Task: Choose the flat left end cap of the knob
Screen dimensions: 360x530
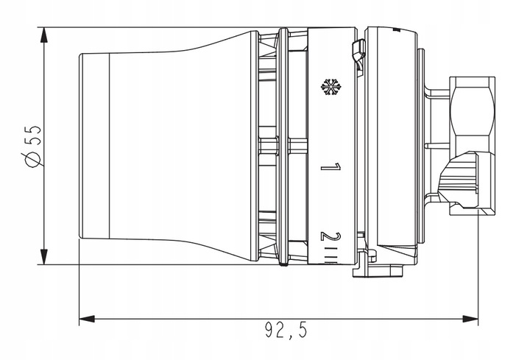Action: click(94, 147)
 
